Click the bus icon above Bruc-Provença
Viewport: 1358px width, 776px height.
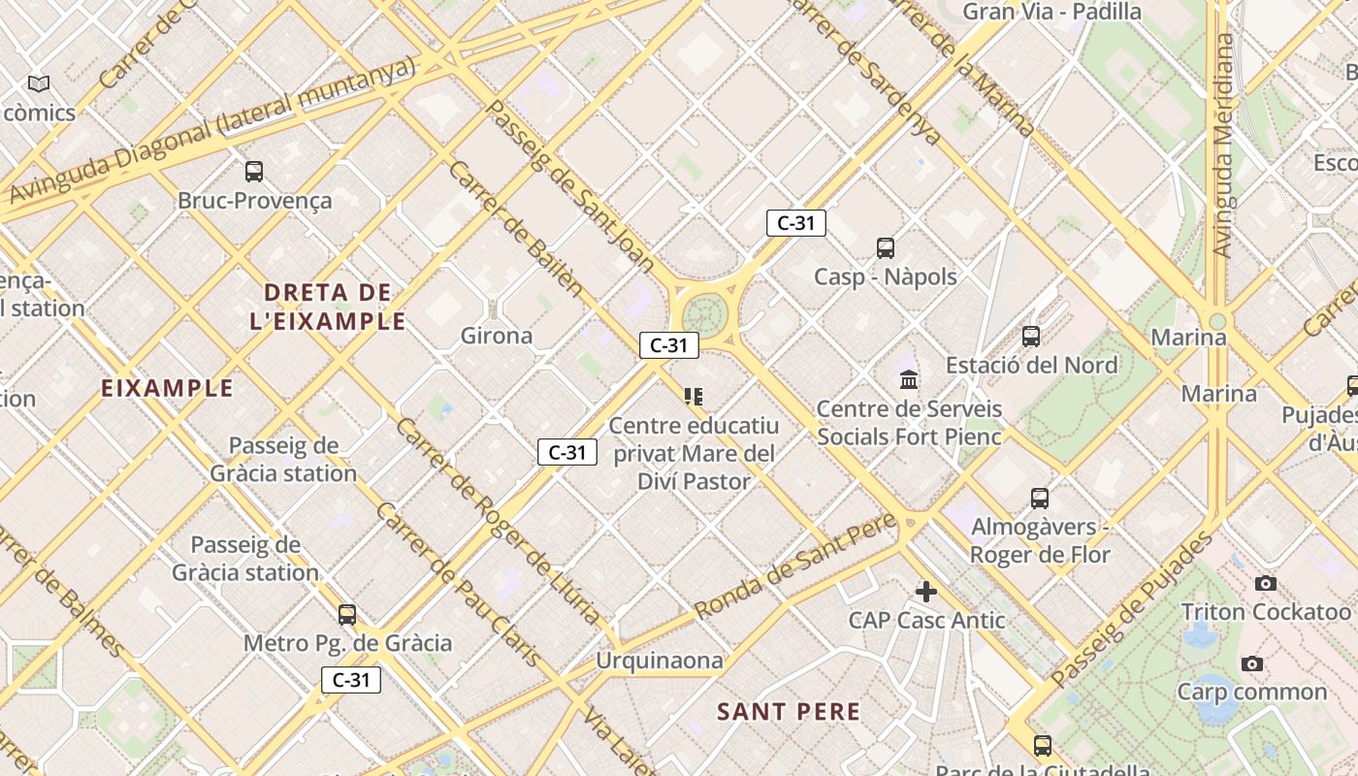(x=254, y=172)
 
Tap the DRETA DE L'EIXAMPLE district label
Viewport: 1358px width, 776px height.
(x=328, y=307)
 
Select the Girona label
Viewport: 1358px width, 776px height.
(x=496, y=336)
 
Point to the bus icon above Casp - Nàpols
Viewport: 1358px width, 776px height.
(x=886, y=247)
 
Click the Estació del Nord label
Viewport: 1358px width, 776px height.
(x=1032, y=365)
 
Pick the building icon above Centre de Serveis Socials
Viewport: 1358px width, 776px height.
(x=909, y=379)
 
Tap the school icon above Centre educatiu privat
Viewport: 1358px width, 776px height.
(x=693, y=396)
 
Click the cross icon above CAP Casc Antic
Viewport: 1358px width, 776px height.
(x=926, y=591)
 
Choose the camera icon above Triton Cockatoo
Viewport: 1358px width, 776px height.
(x=1266, y=583)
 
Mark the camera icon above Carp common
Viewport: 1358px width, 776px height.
(x=1252, y=663)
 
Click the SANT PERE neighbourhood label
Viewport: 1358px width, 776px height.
(x=789, y=711)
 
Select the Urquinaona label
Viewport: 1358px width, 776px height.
(x=660, y=661)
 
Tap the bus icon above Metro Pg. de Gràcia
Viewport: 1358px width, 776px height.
(x=347, y=614)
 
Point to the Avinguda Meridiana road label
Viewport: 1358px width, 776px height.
(x=1223, y=145)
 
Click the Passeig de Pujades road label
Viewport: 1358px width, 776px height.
(x=1132, y=608)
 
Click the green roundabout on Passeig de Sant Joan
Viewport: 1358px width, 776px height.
(x=703, y=314)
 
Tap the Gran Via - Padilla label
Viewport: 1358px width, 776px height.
(x=1051, y=12)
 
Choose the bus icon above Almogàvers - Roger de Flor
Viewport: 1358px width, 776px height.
(x=1040, y=499)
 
